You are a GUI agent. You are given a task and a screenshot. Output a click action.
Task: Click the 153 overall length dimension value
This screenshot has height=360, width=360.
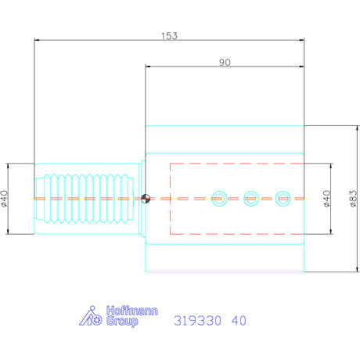(169, 35)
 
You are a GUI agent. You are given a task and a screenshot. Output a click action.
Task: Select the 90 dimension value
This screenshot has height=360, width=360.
(225, 63)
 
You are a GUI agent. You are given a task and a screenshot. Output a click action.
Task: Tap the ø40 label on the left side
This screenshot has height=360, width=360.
(6, 199)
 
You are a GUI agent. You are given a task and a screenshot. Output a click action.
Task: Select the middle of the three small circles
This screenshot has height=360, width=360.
(251, 199)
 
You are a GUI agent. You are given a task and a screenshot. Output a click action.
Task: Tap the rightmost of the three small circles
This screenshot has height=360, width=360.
(283, 199)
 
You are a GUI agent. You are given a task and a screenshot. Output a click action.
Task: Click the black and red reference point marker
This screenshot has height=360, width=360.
(146, 199)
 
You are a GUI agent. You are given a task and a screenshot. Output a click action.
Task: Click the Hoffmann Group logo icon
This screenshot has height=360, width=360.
(92, 317)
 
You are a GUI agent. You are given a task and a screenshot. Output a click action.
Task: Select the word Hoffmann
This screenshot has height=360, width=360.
(131, 311)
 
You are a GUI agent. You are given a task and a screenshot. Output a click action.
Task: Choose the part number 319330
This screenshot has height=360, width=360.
(197, 320)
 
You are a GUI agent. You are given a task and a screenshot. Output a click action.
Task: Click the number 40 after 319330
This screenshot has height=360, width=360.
(239, 320)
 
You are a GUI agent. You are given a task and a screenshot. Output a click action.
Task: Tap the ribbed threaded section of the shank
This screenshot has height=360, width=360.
(86, 199)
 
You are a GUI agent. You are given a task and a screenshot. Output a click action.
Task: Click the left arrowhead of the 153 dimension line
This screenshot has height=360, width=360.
(36, 41)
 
